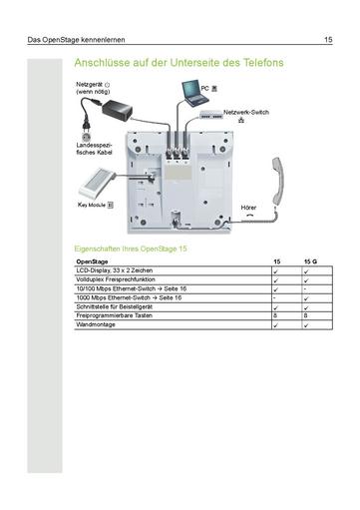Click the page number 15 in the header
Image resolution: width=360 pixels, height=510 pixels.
328,40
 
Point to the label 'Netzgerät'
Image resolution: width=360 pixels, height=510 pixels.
90,84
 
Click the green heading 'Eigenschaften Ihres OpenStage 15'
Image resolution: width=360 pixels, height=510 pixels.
131,248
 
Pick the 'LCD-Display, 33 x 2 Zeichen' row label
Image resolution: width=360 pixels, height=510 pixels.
114,270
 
